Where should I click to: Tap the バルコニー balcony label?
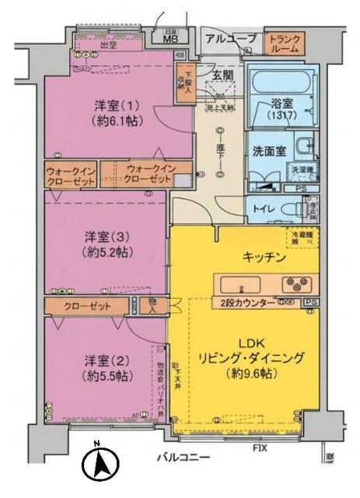[183, 457]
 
